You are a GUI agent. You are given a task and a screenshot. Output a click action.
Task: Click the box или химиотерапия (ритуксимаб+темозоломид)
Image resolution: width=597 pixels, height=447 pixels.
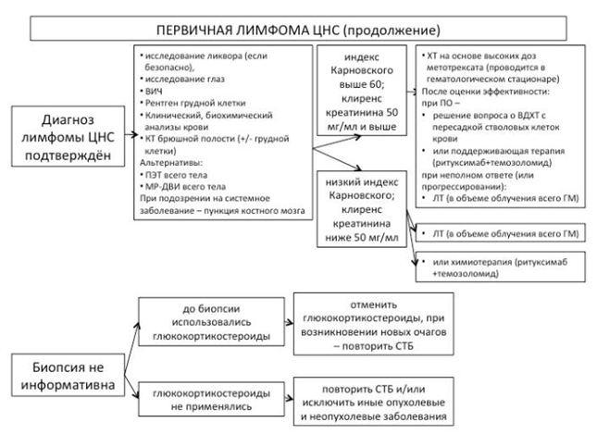click(500, 267)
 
